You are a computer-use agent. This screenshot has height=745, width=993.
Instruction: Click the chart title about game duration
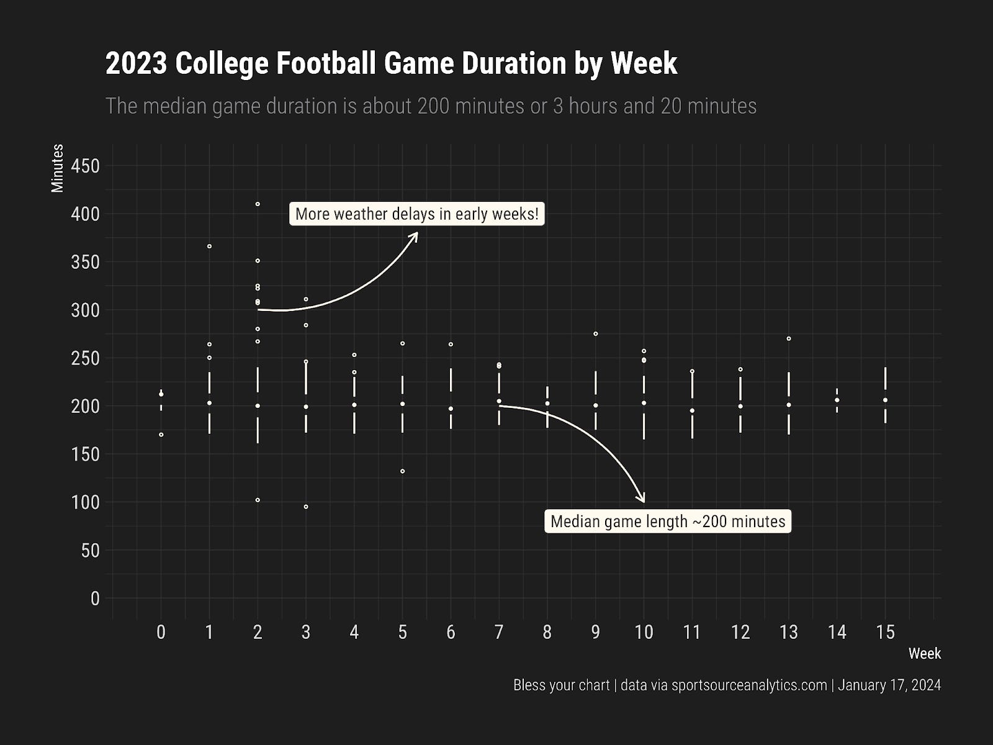392,63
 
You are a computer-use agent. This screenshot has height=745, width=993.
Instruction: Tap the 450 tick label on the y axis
85,166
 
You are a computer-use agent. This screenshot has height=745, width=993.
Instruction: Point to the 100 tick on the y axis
85,502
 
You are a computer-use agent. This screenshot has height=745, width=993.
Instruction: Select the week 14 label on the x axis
837,632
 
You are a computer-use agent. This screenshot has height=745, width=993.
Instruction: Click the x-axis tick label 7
499,632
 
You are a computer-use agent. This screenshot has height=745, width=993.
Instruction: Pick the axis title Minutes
58,168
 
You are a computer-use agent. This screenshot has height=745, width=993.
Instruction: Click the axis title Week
925,654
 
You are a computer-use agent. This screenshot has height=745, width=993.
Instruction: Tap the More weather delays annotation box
416,214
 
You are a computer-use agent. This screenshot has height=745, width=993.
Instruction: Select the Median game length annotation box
668,521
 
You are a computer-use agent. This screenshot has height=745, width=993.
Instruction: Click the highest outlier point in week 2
258,204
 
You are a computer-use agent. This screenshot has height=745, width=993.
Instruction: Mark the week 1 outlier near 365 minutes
209,246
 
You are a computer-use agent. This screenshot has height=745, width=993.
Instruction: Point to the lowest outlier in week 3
306,507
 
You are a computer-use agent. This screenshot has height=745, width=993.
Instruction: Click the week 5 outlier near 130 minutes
403,471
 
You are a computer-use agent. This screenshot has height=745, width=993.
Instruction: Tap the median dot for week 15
886,400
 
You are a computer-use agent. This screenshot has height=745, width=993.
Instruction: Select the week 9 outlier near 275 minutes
596,334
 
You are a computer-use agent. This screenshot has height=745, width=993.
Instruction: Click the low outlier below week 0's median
161,435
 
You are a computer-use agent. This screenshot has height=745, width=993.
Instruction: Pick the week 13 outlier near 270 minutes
789,339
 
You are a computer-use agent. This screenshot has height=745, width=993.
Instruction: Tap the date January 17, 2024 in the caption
889,685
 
